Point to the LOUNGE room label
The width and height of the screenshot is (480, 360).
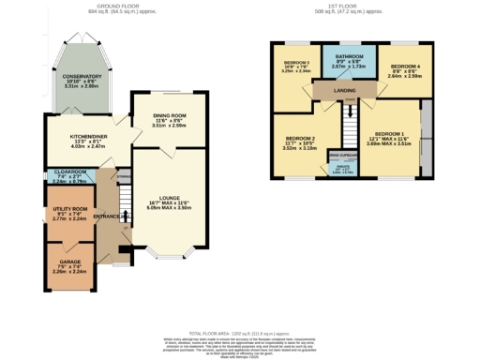(x=169, y=198)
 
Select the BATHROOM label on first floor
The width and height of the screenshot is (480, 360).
(x=350, y=55)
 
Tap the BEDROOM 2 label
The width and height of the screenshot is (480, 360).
(x=300, y=141)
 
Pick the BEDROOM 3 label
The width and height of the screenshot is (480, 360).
(x=296, y=63)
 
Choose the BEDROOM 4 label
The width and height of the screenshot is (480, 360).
(x=405, y=66)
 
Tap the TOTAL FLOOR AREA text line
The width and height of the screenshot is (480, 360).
(x=239, y=335)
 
